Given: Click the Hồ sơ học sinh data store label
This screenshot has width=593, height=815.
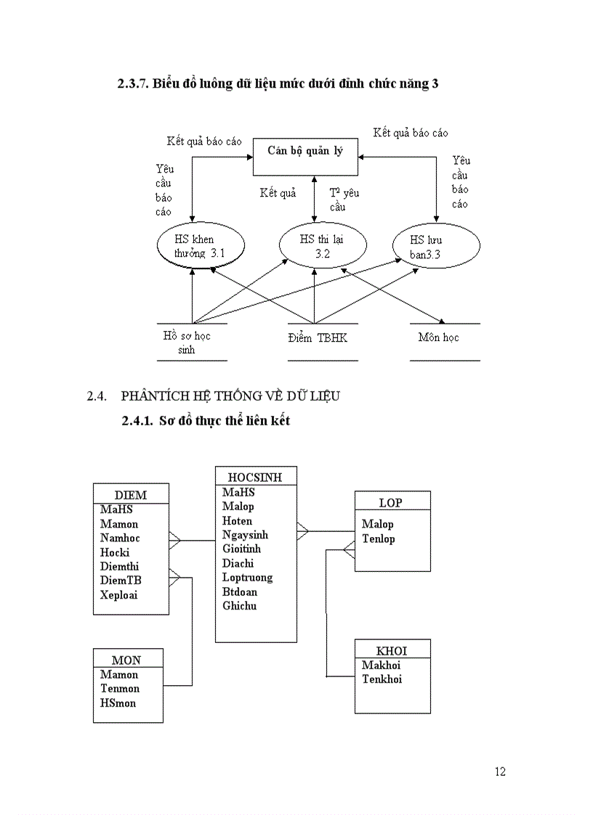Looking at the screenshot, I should pos(187,343).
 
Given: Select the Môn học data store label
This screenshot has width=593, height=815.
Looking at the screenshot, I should pos(438,337).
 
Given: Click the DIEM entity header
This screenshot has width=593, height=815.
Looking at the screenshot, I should pos(131,495).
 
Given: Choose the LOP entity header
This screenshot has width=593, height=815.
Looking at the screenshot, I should pos(391,502).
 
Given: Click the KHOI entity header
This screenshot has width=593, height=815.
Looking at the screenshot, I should pos(392,650).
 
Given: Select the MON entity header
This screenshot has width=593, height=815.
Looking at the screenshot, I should pos(126,660).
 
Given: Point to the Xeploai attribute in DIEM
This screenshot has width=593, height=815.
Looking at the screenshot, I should pos(119,595).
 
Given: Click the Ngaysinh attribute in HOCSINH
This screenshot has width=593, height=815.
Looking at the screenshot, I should pos(246,535).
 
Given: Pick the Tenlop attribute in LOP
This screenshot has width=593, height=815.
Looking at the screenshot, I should pos(379,538).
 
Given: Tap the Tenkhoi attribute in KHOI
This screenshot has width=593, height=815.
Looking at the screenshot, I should pos(382,679).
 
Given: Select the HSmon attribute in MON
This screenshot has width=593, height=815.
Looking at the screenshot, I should pos(118,703).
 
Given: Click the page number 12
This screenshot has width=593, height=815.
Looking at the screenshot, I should pos(500,771).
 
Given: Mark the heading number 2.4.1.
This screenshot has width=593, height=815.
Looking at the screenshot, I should pos(138,420).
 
